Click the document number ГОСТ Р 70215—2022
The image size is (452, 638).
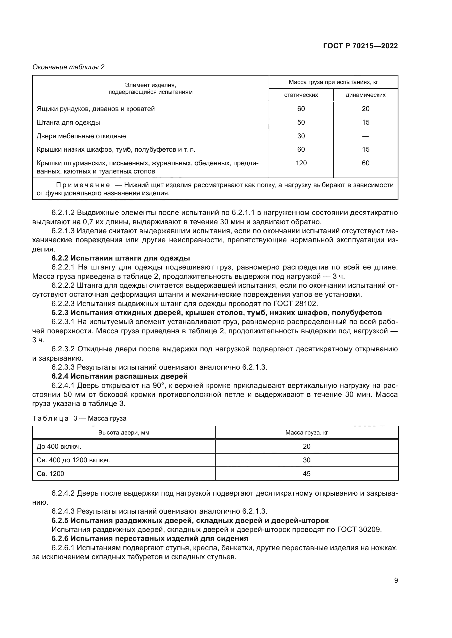(x=360, y=46)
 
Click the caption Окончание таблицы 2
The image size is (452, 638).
(x=69, y=67)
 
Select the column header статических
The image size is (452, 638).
(x=301, y=95)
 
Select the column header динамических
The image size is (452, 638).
(x=365, y=95)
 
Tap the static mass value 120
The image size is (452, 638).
(x=301, y=163)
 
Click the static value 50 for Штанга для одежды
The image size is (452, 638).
(x=301, y=122)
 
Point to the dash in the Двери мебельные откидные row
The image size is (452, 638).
(x=365, y=136)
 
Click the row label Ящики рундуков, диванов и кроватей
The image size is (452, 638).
(x=95, y=109)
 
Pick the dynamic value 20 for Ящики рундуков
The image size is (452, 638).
(x=365, y=109)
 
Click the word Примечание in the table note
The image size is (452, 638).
(x=83, y=185)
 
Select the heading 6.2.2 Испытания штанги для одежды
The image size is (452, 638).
(x=121, y=258)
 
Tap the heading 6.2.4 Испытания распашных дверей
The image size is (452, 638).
(x=119, y=376)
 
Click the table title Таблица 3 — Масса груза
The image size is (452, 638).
(x=79, y=418)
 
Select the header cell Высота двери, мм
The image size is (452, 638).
(x=124, y=433)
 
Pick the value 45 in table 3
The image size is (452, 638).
(x=306, y=474)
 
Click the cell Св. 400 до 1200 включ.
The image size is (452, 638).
(x=74, y=460)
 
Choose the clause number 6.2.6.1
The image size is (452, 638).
(x=63, y=548)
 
